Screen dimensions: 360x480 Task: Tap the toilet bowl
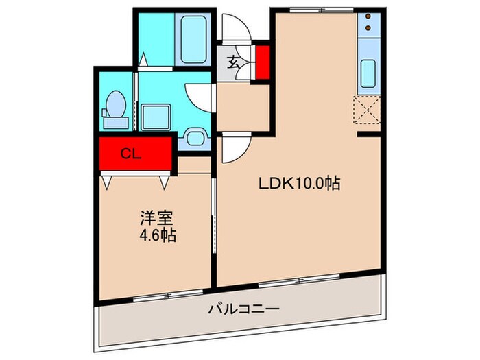click(x=115, y=108)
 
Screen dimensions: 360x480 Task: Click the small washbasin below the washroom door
click(x=195, y=137)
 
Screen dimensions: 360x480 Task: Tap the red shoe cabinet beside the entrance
click(x=261, y=62)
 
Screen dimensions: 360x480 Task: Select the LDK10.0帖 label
click(x=300, y=184)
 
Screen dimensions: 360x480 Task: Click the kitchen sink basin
click(x=368, y=73)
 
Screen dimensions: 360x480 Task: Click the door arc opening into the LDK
click(x=232, y=148)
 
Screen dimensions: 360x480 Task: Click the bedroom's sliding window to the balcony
click(x=160, y=294)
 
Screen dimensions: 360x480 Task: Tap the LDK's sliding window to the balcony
click(x=298, y=280)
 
